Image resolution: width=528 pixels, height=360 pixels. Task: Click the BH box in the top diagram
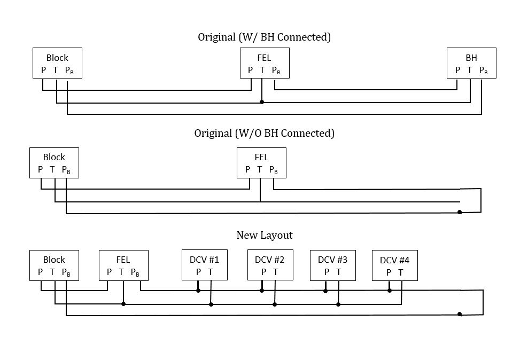point(471,63)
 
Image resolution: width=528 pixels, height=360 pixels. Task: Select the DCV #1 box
point(204,265)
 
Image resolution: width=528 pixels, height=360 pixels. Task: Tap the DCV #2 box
point(269,265)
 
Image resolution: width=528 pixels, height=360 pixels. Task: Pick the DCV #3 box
point(332,265)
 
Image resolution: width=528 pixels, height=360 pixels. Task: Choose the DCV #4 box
point(394,265)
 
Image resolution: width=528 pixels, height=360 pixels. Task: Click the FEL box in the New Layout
point(123,265)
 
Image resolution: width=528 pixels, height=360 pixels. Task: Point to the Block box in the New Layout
point(54,265)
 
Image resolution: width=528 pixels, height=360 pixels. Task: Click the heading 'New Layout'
point(265,235)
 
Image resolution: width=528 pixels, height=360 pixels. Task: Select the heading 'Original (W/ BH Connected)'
point(265,37)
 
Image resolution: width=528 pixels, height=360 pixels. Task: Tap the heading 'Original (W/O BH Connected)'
point(264,133)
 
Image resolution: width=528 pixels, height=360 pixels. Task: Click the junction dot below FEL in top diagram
point(261,101)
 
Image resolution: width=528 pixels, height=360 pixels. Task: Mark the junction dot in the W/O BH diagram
point(460,212)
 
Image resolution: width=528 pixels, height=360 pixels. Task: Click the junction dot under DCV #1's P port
point(198,291)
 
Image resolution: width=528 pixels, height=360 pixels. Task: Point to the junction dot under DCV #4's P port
point(390,291)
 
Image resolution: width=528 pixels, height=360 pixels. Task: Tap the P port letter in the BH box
point(457,70)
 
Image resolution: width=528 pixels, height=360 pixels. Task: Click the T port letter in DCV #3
point(338,272)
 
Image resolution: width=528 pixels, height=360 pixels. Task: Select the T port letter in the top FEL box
point(262,70)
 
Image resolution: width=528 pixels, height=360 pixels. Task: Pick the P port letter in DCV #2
point(263,272)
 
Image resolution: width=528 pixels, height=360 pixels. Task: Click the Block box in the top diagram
point(57,63)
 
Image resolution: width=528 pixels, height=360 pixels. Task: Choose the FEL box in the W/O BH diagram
point(261,163)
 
